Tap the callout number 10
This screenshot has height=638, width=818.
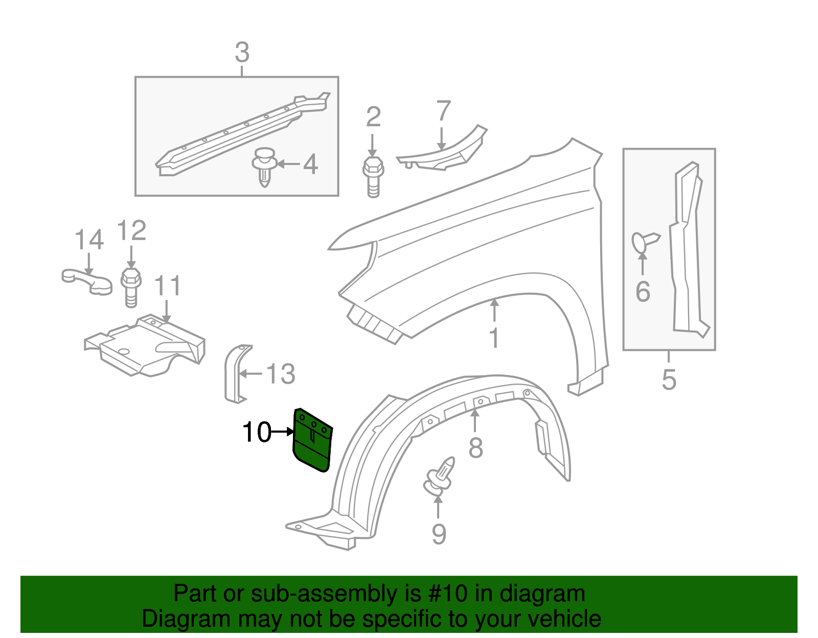pos(257,432)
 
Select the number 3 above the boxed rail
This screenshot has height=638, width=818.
pos(242,53)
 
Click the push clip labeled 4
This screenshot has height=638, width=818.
pos(264,167)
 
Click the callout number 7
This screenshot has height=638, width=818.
pos(443,111)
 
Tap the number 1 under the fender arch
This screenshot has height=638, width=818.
pos(494,338)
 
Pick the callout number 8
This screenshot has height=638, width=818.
pos(475,447)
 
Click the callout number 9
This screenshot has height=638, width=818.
pos(439,534)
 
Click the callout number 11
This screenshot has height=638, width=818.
pos(168,286)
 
